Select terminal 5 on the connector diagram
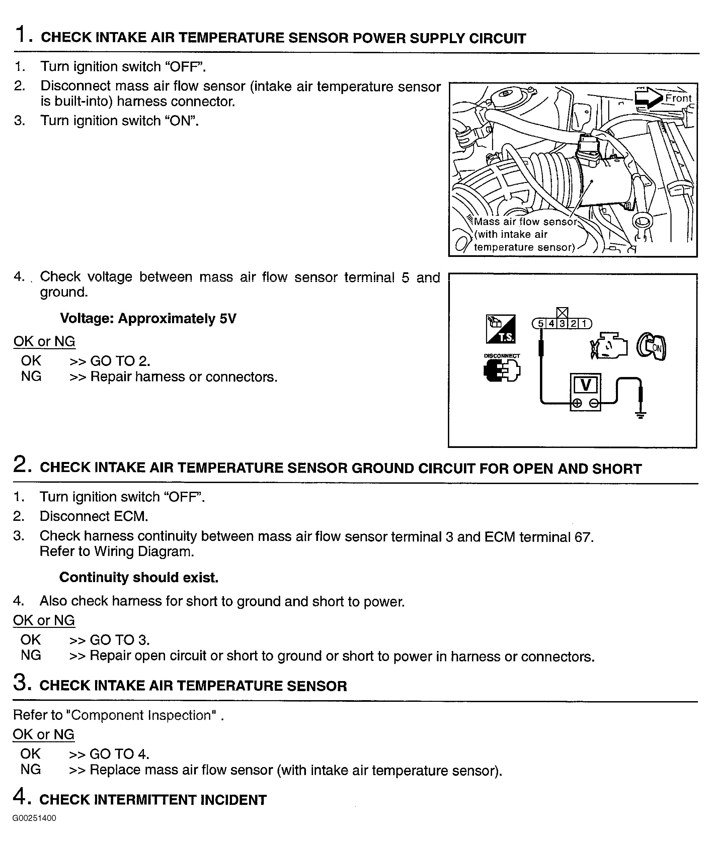(541, 323)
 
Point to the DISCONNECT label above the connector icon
(502, 356)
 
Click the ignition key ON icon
(651, 346)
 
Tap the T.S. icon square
(500, 329)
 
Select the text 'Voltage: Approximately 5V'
(148, 319)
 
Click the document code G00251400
(34, 818)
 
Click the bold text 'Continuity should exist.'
(139, 577)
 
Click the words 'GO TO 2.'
(120, 361)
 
